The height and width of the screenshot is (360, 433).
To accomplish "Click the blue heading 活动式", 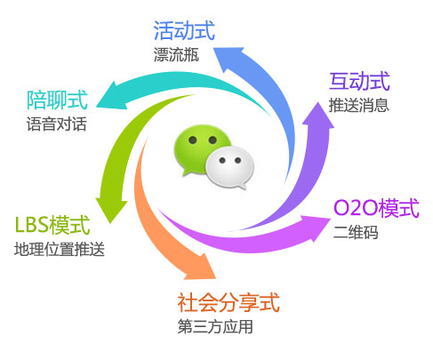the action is point(184,30).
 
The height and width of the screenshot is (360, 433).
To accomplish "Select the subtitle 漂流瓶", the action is point(176,54).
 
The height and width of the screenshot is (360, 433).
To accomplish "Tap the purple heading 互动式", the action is point(359,81).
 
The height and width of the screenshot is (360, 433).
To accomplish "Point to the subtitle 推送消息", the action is point(358,105).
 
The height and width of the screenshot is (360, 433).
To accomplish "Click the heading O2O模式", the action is point(376,208).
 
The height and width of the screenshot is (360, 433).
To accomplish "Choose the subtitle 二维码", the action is point(356,232).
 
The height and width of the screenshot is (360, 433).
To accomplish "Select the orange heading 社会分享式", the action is point(229,302).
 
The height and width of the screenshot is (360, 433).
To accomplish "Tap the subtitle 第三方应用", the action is point(215,326).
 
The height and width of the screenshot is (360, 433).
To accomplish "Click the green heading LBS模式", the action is point(52,225).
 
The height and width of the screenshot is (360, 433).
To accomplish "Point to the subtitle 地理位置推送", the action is point(60,249).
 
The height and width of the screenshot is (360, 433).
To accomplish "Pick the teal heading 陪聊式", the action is point(57,100).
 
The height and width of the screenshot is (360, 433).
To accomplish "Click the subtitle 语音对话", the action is point(57,124).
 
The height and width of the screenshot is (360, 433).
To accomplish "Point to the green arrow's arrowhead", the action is point(111,209).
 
